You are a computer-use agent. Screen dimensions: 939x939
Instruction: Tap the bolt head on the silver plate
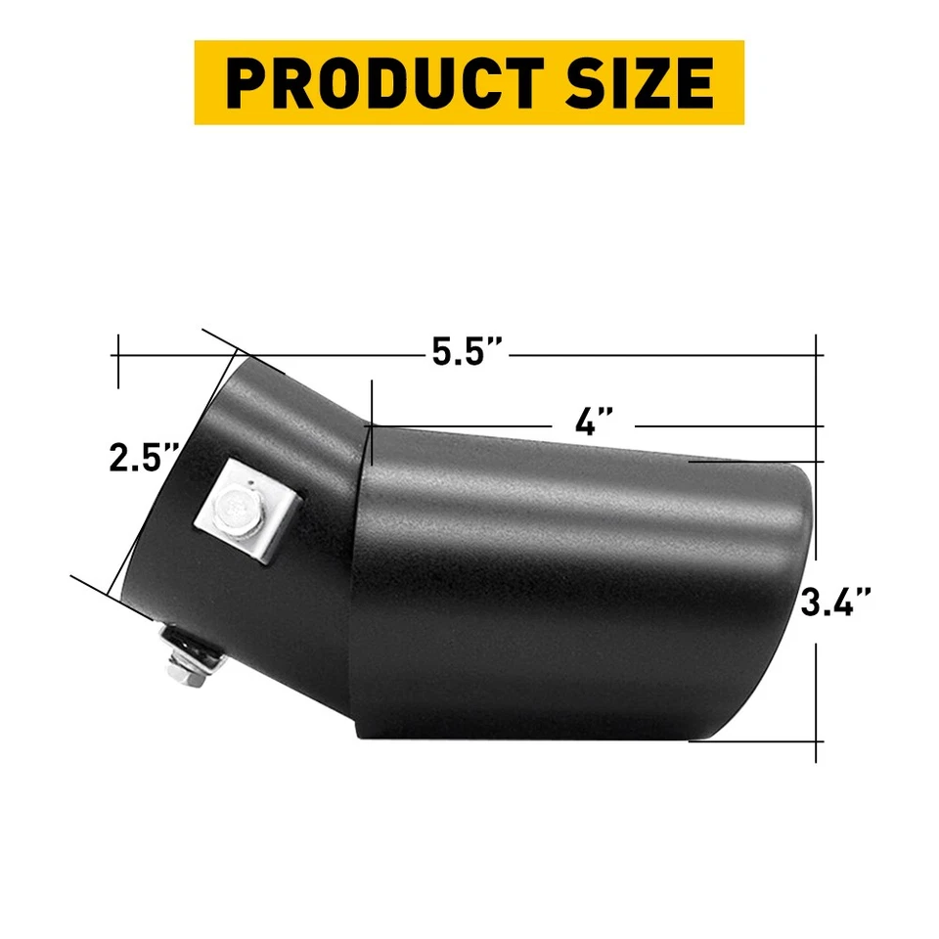click(x=236, y=506)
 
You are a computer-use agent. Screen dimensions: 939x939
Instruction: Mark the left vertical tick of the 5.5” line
click(x=118, y=361)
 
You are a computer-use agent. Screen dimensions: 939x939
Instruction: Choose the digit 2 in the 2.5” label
click(x=119, y=458)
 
